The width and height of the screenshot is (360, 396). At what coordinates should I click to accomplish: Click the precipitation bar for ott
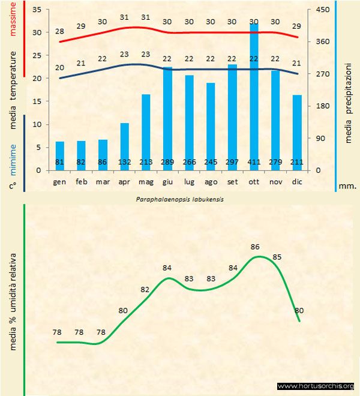point(254,96)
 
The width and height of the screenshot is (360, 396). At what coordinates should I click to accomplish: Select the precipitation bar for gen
point(59,155)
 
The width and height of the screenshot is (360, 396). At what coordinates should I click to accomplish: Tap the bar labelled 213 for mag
point(146,132)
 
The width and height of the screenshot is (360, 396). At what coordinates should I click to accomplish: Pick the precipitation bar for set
point(232,117)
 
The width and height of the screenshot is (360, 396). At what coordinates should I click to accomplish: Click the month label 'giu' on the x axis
point(167,181)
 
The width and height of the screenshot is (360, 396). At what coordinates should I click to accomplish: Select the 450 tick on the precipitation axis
point(323,10)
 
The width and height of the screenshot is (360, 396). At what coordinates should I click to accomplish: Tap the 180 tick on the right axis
point(323,106)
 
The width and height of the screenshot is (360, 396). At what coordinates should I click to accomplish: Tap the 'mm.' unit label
point(347,187)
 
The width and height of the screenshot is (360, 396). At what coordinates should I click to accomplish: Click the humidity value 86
point(255,247)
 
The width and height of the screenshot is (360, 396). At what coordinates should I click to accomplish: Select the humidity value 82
point(145,289)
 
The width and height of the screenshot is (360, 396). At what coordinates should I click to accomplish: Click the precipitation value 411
point(254,163)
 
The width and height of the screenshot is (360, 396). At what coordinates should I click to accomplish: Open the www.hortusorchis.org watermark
point(316,386)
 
